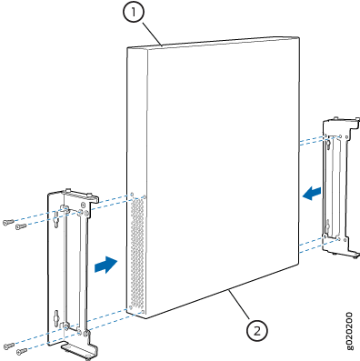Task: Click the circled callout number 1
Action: click(134, 12)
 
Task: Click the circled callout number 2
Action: click(257, 330)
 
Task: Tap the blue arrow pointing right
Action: click(105, 265)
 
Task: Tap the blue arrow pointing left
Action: click(312, 194)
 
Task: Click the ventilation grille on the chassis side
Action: click(137, 251)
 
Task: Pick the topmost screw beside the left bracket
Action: click(8, 222)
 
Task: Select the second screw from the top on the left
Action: click(21, 226)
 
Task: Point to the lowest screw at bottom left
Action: click(22, 351)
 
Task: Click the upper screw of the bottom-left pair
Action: click(9, 346)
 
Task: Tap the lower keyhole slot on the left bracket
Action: click(56, 317)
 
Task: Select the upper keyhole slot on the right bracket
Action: click(328, 145)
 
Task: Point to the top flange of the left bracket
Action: click(80, 195)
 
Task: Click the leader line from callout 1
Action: click(152, 34)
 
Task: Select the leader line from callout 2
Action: click(239, 306)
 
